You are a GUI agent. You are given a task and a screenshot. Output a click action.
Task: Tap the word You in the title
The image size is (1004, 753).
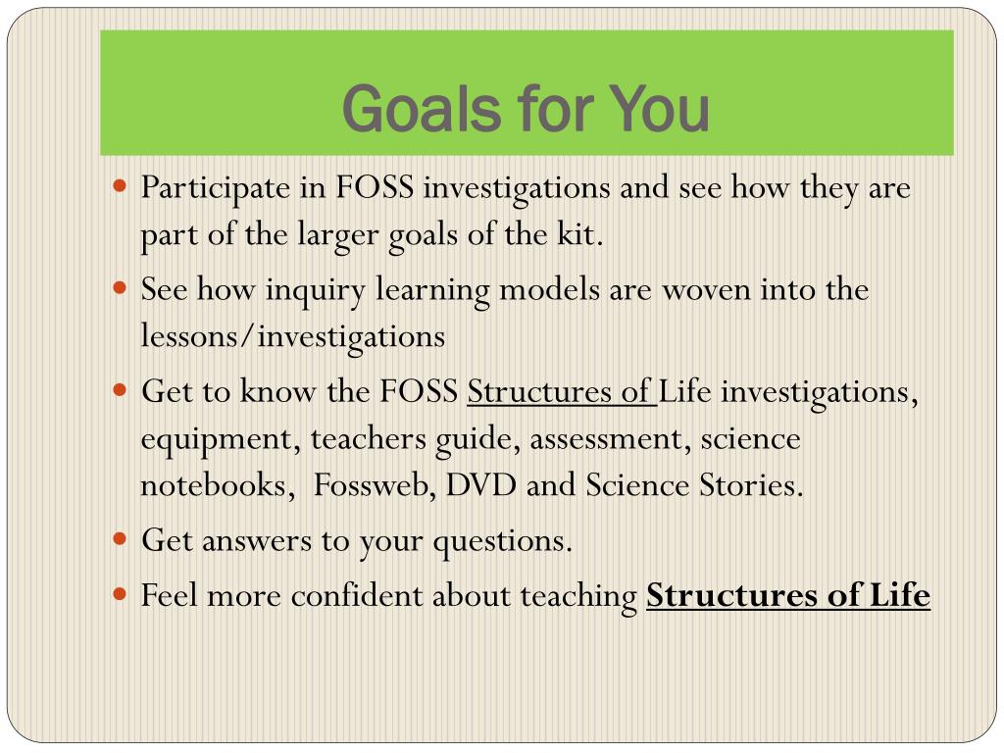click(659, 109)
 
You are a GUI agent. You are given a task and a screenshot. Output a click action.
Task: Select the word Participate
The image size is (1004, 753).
click(216, 189)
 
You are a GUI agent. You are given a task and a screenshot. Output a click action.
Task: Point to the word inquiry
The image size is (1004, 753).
click(315, 291)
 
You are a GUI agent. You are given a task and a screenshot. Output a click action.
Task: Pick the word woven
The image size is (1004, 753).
click(706, 290)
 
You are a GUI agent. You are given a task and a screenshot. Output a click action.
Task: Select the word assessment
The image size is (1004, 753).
click(610, 440)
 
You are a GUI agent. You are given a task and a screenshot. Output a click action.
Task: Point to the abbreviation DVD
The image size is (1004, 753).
click(480, 485)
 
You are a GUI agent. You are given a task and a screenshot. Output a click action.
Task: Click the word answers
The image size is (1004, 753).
click(256, 541)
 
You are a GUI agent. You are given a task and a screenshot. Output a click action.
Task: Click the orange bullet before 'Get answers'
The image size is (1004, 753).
click(120, 538)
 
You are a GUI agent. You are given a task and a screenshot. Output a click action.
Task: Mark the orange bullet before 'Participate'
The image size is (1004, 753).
click(120, 185)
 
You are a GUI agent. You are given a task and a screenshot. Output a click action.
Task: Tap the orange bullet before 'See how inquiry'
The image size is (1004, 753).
click(120, 288)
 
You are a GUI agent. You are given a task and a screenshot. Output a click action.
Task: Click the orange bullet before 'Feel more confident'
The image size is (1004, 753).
click(120, 593)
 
